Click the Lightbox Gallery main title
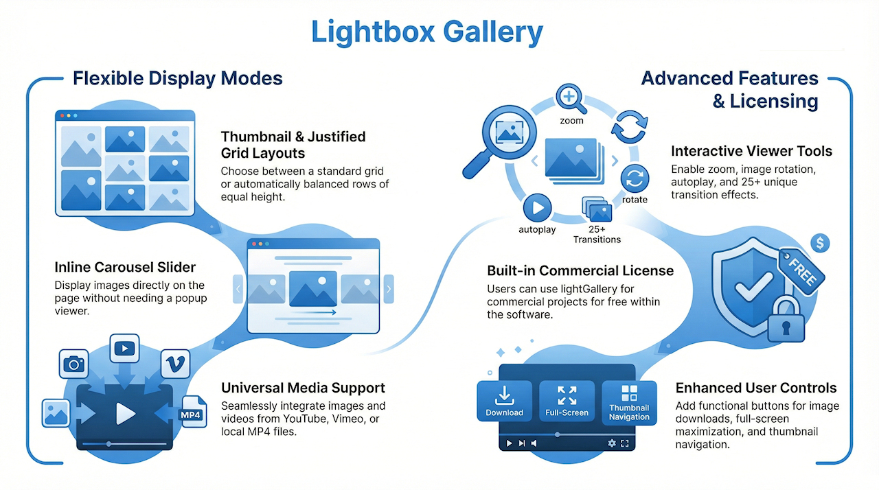pyautogui.click(x=426, y=32)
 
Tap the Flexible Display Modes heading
pyautogui.click(x=178, y=78)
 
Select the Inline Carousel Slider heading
pyautogui.click(x=125, y=267)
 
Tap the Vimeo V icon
pyautogui.click(x=175, y=364)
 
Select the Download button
pyautogui.click(x=504, y=401)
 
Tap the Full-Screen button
pyautogui.click(x=567, y=401)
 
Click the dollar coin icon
pyautogui.click(x=820, y=242)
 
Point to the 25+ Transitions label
pyautogui.click(x=597, y=234)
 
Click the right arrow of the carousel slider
pyautogui.click(x=389, y=289)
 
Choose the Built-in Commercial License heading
pyautogui.click(x=580, y=270)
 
